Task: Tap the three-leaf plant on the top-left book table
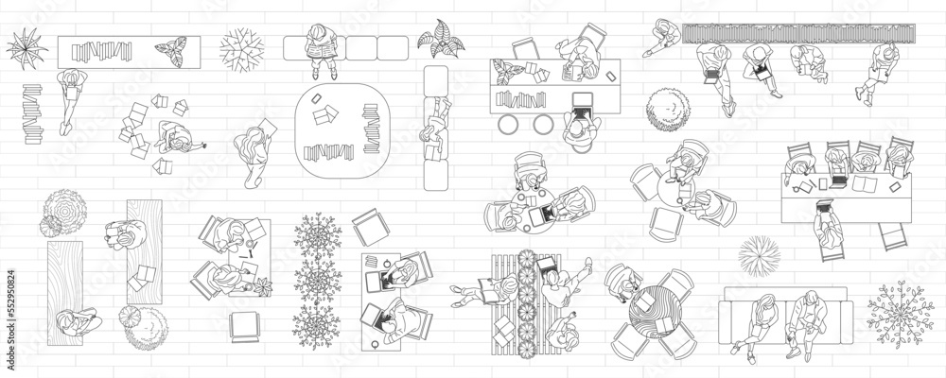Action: [172, 49]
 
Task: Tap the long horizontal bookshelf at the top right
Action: [799, 33]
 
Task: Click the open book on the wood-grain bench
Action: [144, 276]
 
